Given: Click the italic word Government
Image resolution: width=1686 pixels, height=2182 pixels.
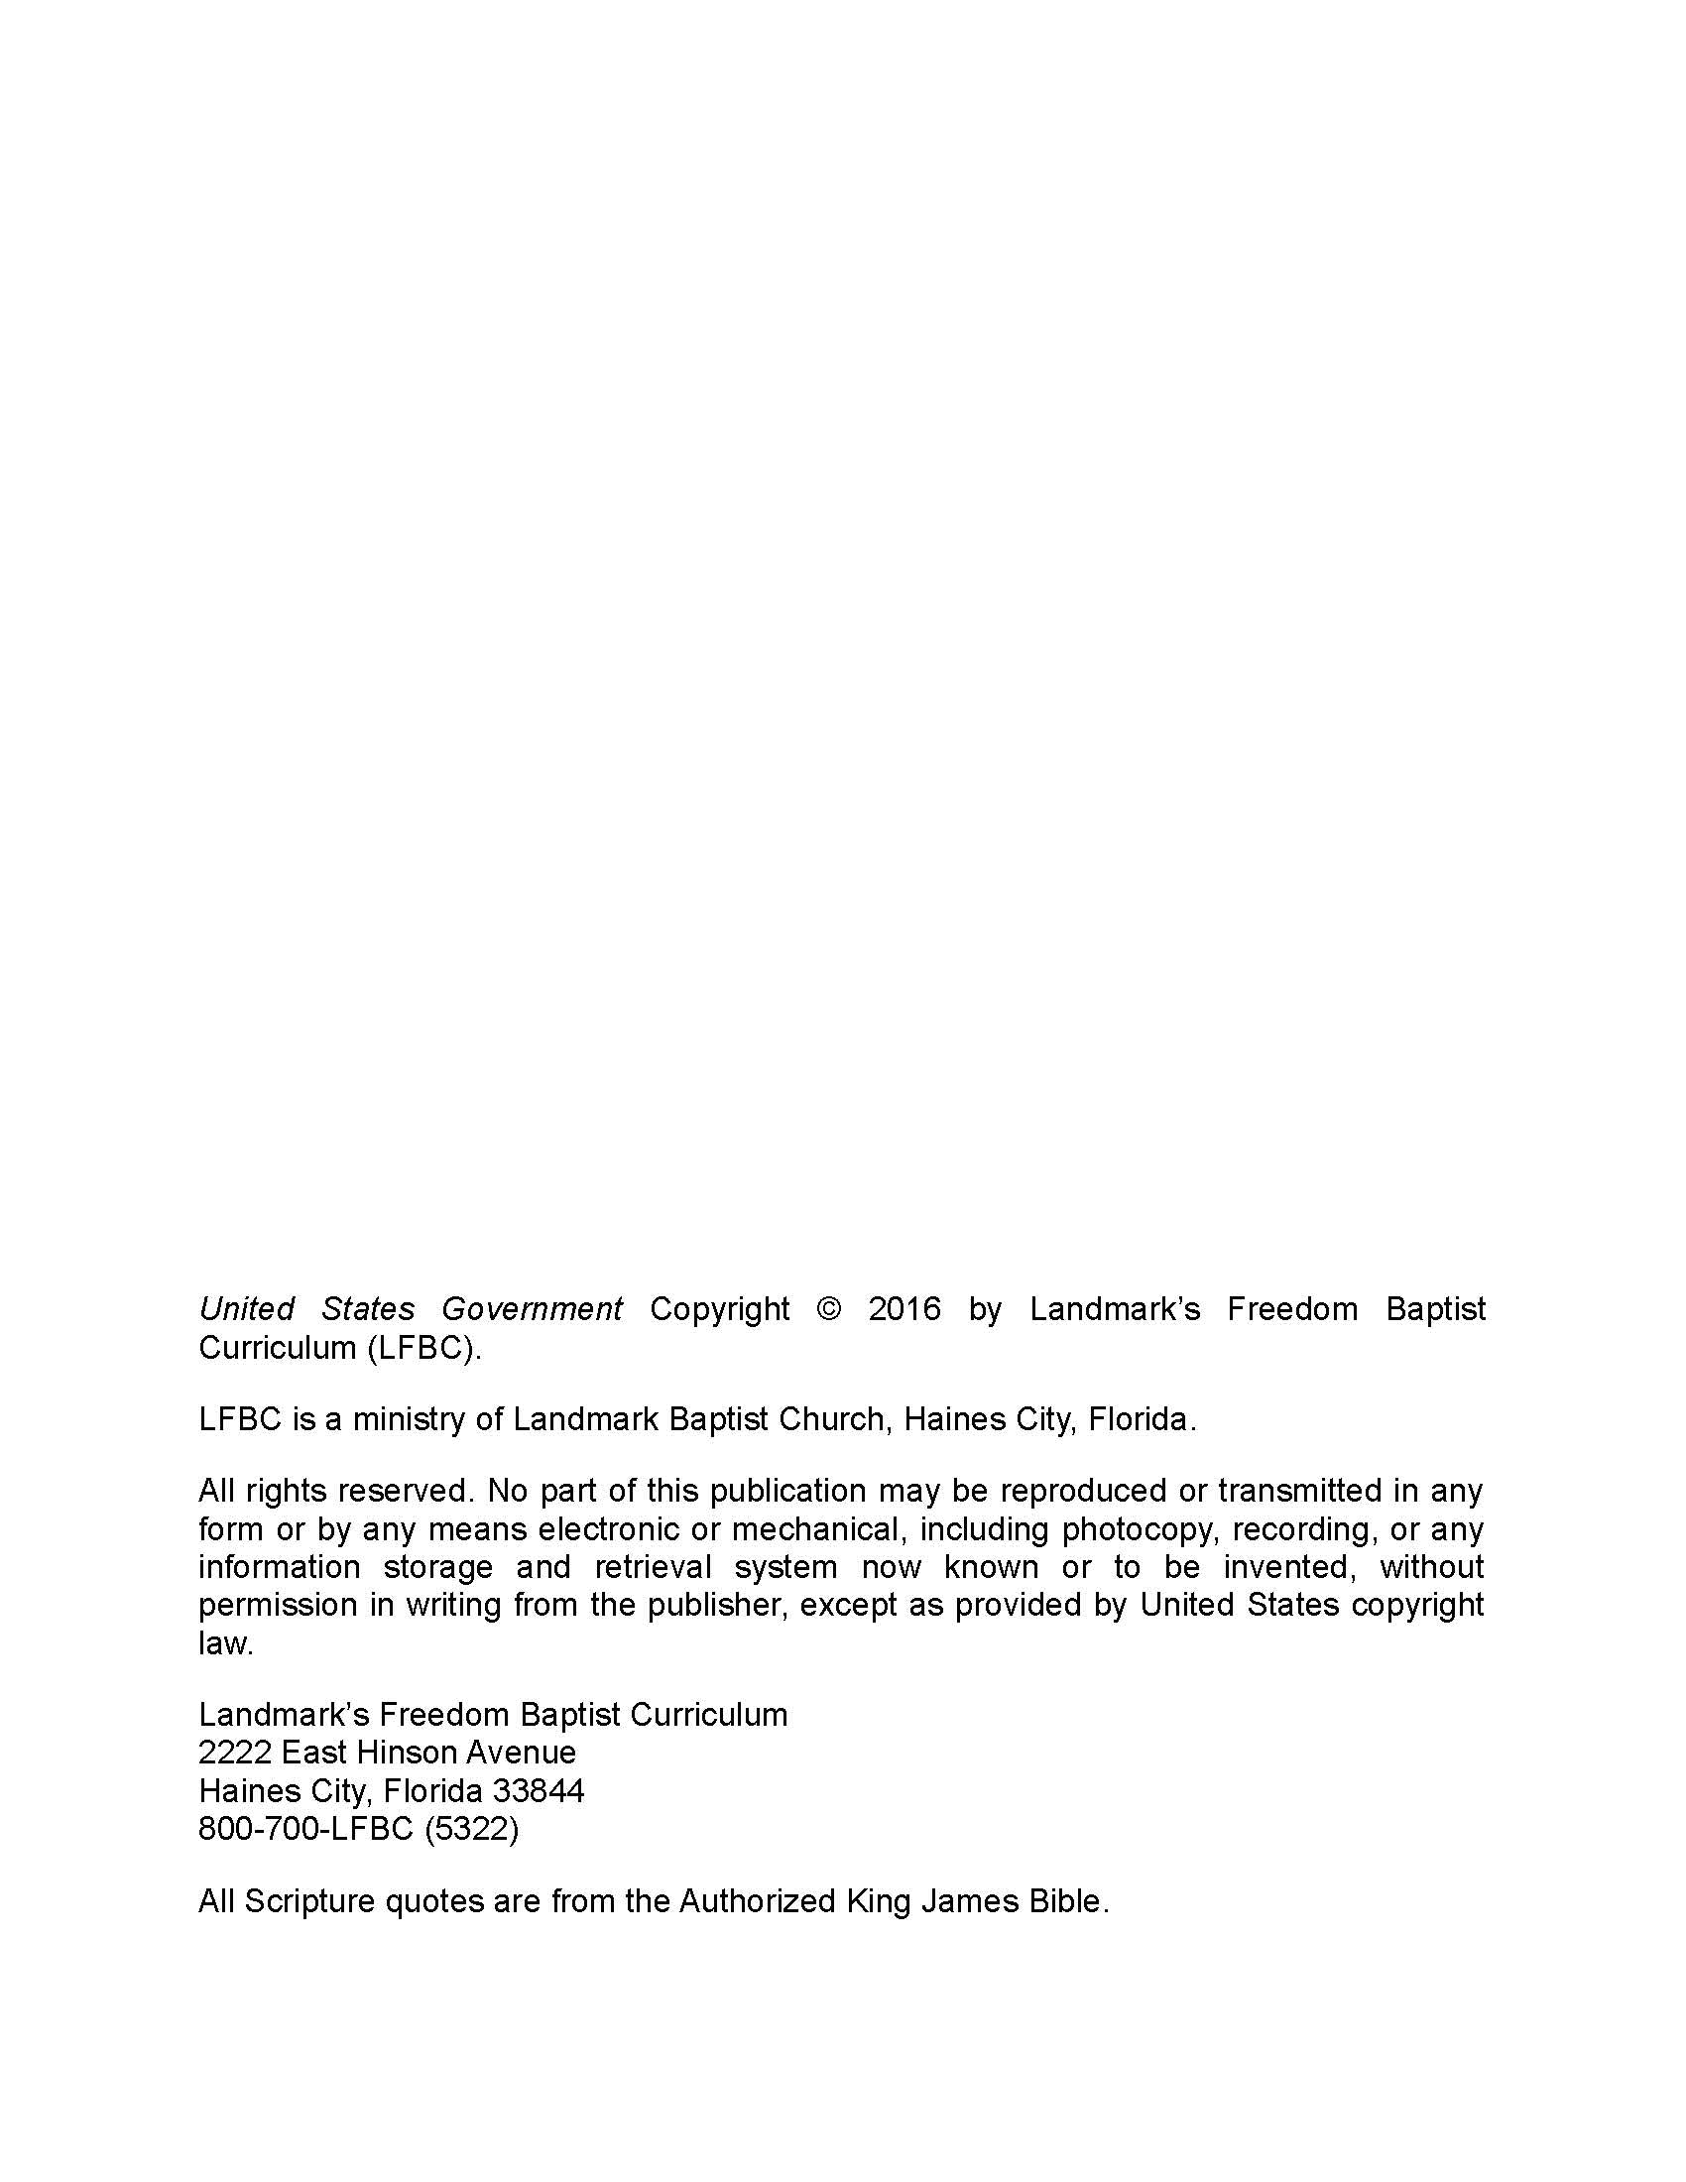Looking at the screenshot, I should coord(532,1309).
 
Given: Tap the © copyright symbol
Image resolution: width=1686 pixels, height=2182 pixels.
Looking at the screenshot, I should coord(828,1309).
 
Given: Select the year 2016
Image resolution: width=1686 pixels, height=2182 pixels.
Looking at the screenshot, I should coord(903,1309).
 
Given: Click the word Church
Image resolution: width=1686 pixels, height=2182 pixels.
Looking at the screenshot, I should coord(834,1419).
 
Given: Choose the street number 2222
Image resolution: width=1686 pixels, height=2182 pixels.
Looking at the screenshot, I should coord(235,1753).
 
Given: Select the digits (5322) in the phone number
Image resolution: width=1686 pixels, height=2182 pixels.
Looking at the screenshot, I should coord(471,1828).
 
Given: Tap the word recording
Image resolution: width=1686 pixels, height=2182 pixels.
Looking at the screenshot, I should coord(1300,1529).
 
